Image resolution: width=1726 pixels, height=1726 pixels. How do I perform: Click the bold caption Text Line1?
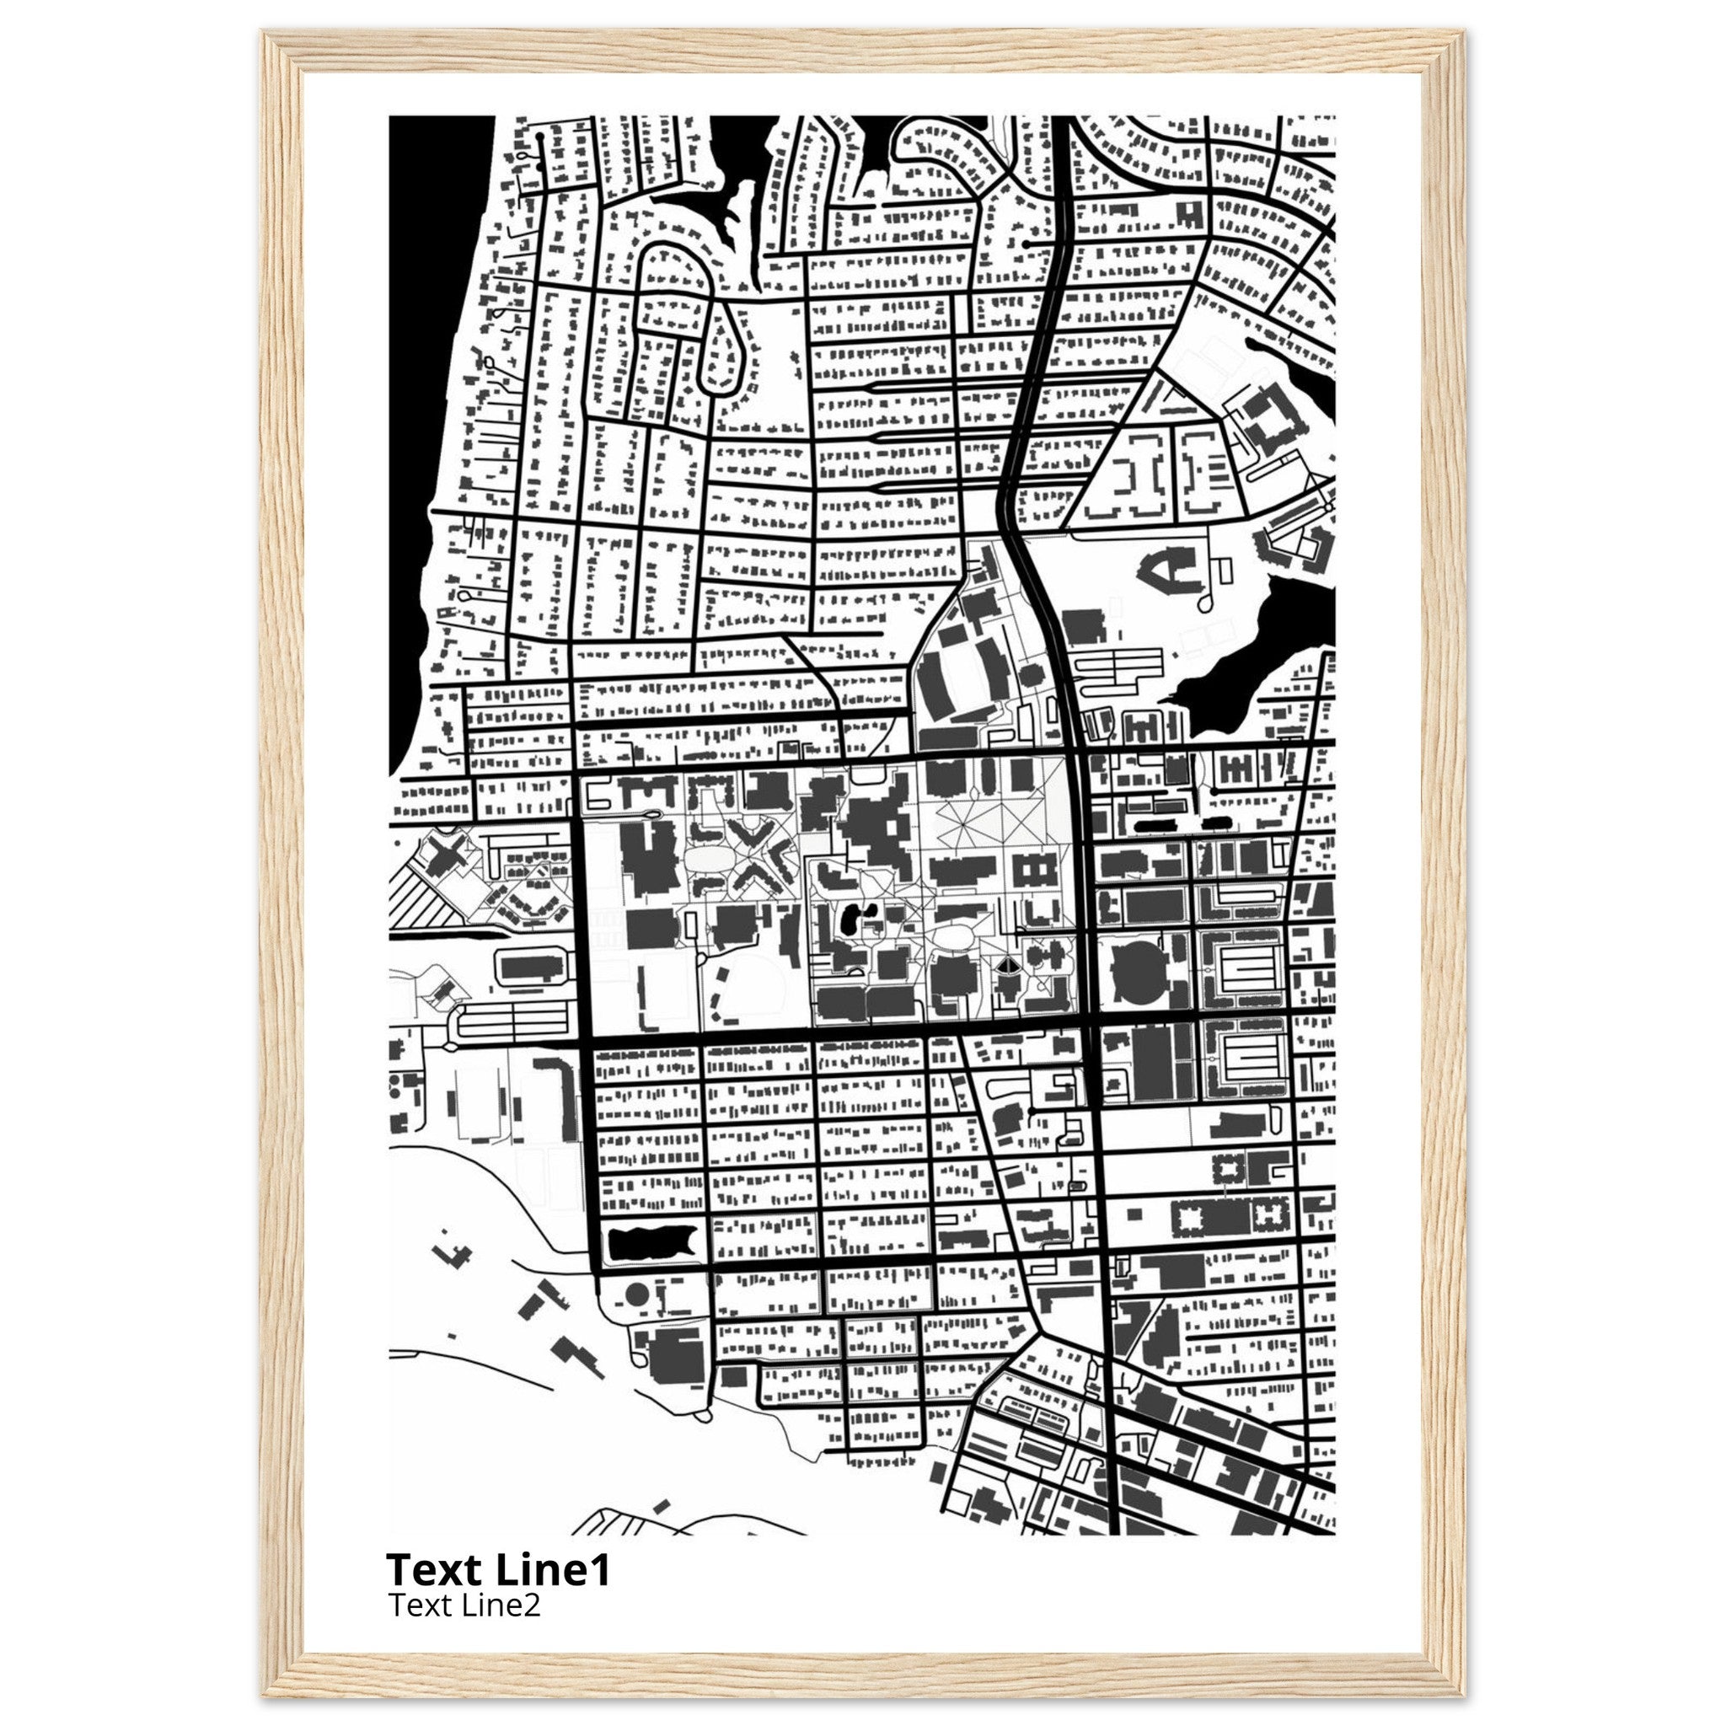click(497, 1569)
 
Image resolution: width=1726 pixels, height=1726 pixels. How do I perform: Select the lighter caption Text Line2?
click(464, 1605)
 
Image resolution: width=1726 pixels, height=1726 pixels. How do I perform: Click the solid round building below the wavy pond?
click(635, 1293)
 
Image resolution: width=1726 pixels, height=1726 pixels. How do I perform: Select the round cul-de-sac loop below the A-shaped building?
click(1205, 604)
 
